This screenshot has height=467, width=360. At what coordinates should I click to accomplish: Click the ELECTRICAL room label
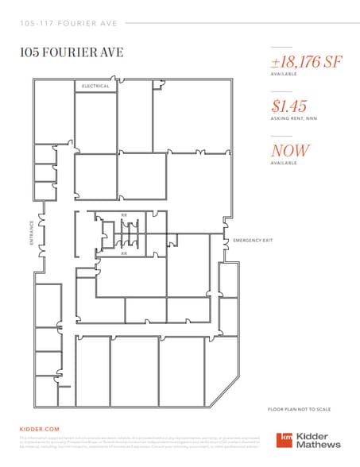point(95,85)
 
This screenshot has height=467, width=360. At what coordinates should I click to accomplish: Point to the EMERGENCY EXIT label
point(252,240)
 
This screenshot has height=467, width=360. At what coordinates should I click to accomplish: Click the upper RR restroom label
point(124,214)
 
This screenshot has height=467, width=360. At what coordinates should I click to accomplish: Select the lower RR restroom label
point(124,253)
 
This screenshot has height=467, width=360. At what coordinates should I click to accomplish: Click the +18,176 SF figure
point(306,61)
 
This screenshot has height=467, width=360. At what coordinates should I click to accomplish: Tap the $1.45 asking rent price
point(289,106)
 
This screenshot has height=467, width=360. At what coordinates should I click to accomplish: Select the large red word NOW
point(290,150)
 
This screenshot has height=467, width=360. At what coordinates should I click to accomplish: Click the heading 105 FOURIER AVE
point(71,52)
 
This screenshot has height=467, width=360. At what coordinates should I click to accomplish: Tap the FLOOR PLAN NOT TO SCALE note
point(299,409)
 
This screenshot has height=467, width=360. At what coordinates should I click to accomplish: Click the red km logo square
point(285,440)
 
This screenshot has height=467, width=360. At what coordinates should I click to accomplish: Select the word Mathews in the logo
point(319,446)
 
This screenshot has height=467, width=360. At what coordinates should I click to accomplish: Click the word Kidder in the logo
point(315,435)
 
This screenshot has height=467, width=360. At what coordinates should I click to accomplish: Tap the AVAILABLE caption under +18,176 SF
point(284,74)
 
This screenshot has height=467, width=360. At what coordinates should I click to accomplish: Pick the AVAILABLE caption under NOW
point(284,163)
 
